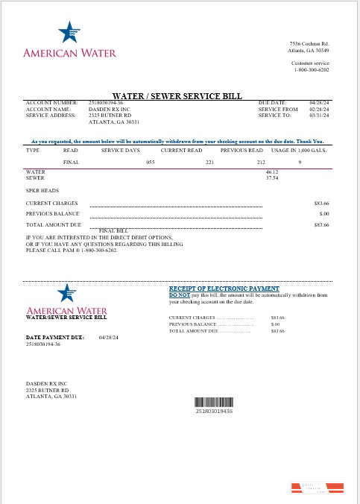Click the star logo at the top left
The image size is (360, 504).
pyautogui.click(x=68, y=33)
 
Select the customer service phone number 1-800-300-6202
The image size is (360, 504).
pyautogui.click(x=310, y=69)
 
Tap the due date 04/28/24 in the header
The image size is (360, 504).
pyautogui.click(x=319, y=102)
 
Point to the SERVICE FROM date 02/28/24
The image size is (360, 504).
pyautogui.click(x=319, y=110)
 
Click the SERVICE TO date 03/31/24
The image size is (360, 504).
pyautogui.click(x=319, y=116)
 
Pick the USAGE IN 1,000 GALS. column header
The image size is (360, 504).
pyautogui.click(x=298, y=150)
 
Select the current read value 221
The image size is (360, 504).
pyautogui.click(x=210, y=162)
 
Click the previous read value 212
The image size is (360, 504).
pyautogui.click(x=261, y=162)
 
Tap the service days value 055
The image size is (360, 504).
pyautogui.click(x=150, y=162)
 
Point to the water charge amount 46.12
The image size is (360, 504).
pyautogui.click(x=271, y=172)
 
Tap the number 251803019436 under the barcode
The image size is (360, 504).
pyautogui.click(x=214, y=411)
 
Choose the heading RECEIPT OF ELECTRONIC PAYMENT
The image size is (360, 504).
pyautogui.click(x=224, y=288)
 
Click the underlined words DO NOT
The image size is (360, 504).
pyautogui.click(x=179, y=294)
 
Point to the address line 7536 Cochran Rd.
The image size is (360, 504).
pyautogui.click(x=309, y=45)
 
